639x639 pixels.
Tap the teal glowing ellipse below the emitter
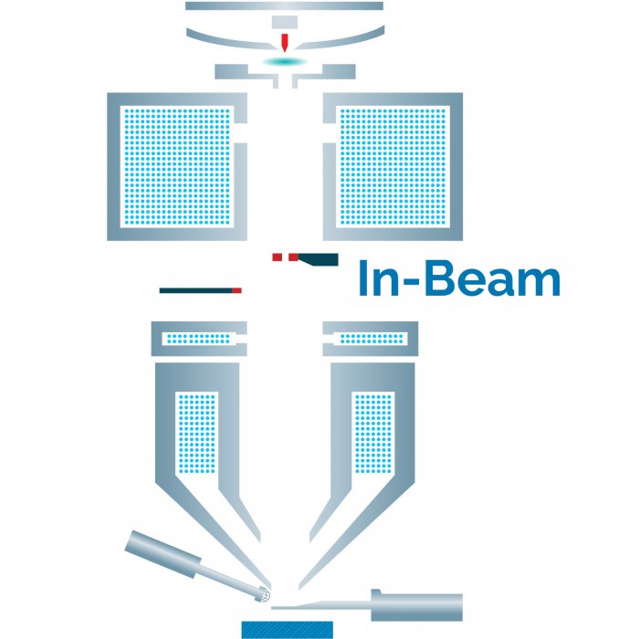tap(285, 60)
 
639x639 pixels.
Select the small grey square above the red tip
tap(285, 21)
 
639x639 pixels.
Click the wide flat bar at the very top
tap(284, 5)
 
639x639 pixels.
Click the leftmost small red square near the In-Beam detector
tap(278, 257)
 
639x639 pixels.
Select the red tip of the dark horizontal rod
tap(236, 290)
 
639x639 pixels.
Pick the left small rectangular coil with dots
tap(198, 339)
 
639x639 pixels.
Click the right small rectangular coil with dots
tap(371, 339)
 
